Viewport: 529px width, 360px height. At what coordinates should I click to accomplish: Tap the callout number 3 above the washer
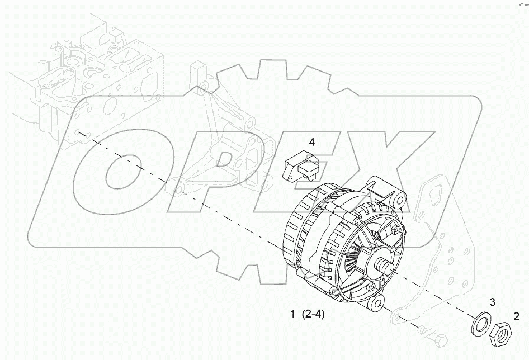tap(493, 302)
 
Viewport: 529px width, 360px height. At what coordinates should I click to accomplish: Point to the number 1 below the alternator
tap(292, 314)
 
